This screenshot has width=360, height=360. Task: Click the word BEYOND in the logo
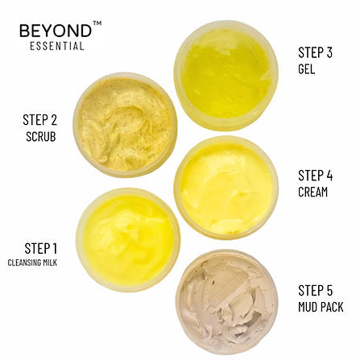click(56, 31)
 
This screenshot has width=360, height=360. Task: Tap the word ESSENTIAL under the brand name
click(56, 46)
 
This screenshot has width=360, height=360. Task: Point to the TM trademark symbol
click(97, 24)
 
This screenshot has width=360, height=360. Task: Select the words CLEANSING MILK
click(33, 263)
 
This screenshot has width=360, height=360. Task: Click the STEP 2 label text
click(39, 120)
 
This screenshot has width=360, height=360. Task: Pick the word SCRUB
click(40, 135)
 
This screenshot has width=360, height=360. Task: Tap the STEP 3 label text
click(315, 53)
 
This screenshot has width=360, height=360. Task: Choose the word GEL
click(307, 69)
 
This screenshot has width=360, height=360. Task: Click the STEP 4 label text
click(316, 175)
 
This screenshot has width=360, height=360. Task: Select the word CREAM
click(313, 192)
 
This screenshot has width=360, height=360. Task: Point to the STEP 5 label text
click(316, 290)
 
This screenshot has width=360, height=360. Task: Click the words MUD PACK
click(321, 306)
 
